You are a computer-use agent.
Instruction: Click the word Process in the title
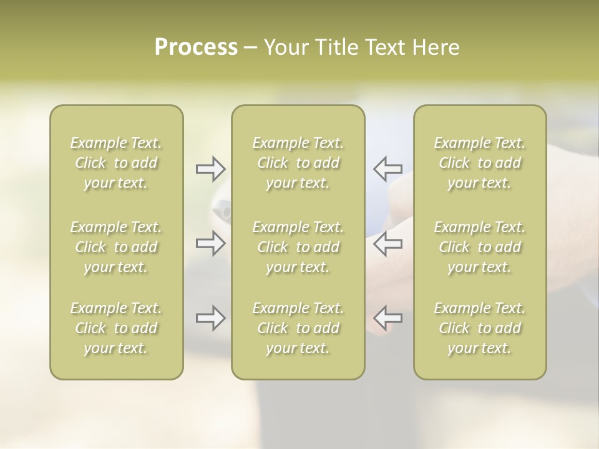click(x=196, y=47)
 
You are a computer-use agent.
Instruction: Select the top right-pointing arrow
click(x=210, y=168)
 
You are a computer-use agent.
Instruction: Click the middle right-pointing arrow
click(x=210, y=243)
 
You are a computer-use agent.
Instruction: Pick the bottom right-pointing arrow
click(x=210, y=318)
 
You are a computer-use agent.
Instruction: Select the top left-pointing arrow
click(x=387, y=168)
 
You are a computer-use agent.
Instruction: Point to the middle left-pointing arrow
click(x=387, y=243)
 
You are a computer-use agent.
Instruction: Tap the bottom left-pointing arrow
click(x=387, y=318)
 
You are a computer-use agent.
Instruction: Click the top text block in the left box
click(x=116, y=163)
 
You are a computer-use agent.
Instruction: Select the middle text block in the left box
click(x=116, y=247)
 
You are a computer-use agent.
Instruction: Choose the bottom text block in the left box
click(x=116, y=328)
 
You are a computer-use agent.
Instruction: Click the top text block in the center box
click(x=298, y=163)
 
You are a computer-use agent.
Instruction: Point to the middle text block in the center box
click(x=298, y=247)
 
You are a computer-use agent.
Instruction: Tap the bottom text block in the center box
click(x=298, y=328)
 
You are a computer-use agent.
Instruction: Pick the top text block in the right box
click(x=480, y=163)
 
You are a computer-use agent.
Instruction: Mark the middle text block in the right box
click(x=480, y=247)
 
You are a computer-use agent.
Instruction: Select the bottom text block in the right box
click(x=480, y=328)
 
